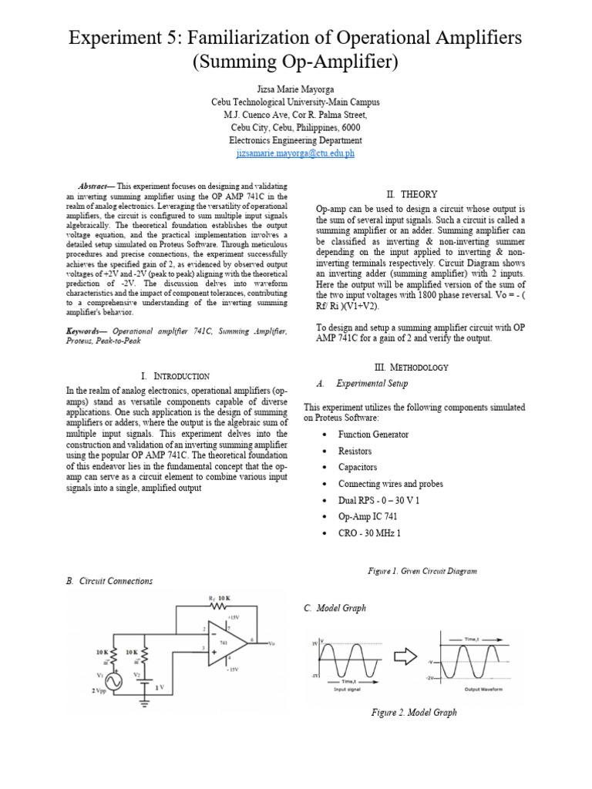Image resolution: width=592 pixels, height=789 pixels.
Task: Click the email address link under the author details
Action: (295, 153)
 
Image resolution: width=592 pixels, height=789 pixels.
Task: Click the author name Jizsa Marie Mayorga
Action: (295, 89)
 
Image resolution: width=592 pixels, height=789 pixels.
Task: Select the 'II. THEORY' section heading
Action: (411, 194)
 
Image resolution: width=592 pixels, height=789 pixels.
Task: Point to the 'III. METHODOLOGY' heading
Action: (411, 368)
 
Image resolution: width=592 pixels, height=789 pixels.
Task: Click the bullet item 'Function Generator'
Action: (373, 435)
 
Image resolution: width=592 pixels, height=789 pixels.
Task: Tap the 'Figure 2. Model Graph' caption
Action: (413, 712)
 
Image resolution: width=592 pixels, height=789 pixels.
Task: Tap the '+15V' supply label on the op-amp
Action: (233, 617)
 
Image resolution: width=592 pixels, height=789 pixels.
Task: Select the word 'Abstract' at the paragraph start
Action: (96, 186)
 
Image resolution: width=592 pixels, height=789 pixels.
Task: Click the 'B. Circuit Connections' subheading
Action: (109, 581)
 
